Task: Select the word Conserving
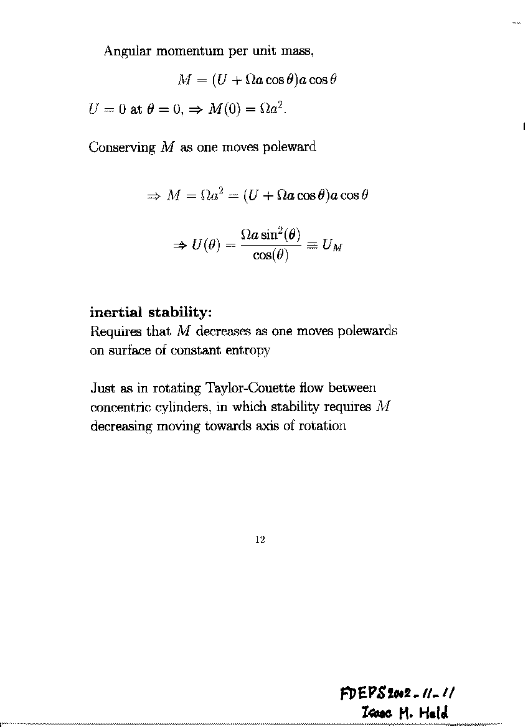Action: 122,147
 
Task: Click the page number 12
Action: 260,540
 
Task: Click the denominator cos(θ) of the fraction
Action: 271,256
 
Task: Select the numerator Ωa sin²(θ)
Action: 271,235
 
